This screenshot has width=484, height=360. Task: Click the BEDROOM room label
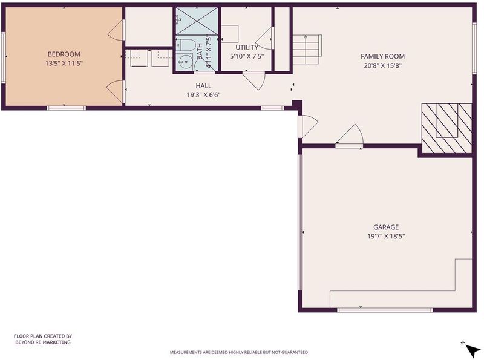coord(64,54)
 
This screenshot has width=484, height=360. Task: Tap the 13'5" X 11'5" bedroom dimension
coord(64,64)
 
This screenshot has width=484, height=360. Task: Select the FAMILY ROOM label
coord(382,56)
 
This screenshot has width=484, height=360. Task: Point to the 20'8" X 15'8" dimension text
coord(382,65)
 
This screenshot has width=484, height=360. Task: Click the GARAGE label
coord(386,227)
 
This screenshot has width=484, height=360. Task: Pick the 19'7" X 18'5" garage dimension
coord(386,237)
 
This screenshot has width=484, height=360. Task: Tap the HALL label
coord(203,85)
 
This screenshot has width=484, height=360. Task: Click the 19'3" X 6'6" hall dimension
coord(203,95)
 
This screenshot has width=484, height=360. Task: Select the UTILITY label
coord(247,48)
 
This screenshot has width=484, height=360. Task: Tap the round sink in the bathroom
coord(185,61)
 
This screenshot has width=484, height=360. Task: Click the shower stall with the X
coord(197,21)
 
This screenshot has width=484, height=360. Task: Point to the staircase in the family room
coord(307,49)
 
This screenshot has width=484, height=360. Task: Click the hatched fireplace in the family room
coord(446,128)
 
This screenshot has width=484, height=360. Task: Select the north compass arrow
coord(472,350)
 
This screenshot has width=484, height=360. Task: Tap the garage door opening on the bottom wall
coord(385,310)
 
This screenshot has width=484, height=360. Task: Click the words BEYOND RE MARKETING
coord(43,342)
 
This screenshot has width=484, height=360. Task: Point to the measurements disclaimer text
coord(238,352)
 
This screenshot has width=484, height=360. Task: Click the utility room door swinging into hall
coord(254,80)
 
